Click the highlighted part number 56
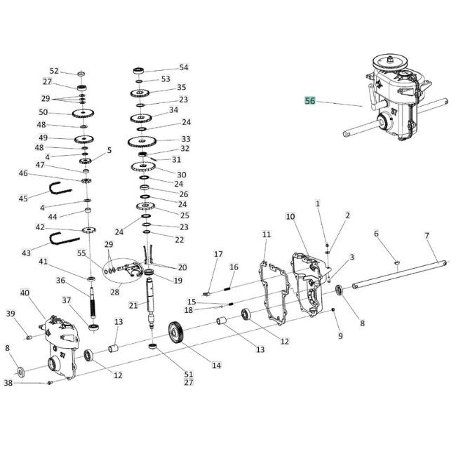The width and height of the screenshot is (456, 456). point(309,101)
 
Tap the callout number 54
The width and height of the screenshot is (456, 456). point(184,68)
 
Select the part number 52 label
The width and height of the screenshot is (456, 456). point(54,71)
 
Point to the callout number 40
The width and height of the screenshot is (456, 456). point(25,293)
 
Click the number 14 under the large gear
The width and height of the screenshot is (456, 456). point(216,366)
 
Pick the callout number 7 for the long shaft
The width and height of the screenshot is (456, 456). point(427,236)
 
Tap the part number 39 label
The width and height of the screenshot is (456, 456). point(10,313)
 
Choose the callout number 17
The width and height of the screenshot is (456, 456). point(218,254)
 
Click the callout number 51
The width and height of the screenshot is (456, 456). point(188,374)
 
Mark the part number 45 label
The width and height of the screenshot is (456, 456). point(23,199)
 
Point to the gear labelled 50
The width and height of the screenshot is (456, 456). point(83,113)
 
